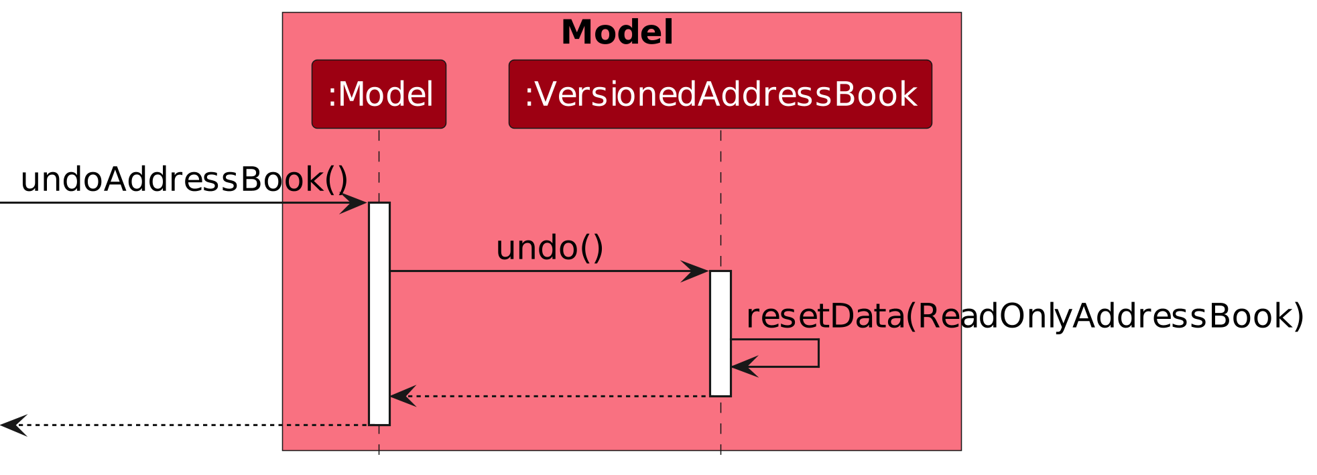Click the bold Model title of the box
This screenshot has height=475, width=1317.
tap(617, 33)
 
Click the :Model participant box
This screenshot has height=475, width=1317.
tap(379, 94)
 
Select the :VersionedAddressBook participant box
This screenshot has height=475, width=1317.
tap(720, 94)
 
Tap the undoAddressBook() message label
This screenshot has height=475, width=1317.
tap(184, 180)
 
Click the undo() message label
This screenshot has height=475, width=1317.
tap(550, 248)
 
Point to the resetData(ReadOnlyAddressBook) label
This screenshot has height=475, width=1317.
tap(1025, 316)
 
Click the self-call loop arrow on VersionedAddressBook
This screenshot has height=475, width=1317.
tap(818, 353)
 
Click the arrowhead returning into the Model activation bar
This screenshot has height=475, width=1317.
tap(402, 396)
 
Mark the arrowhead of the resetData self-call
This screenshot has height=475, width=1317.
tap(743, 366)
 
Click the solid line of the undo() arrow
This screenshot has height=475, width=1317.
tap(536, 271)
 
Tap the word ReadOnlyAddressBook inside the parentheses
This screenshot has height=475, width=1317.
tap(1106, 316)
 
